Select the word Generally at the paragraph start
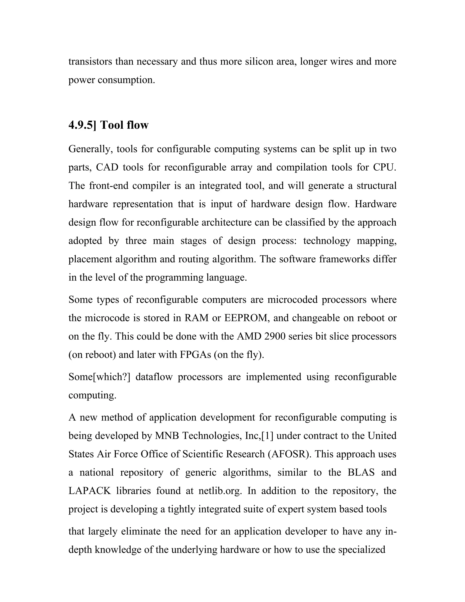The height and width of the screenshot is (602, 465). point(91,149)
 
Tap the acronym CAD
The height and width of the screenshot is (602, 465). point(107,167)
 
